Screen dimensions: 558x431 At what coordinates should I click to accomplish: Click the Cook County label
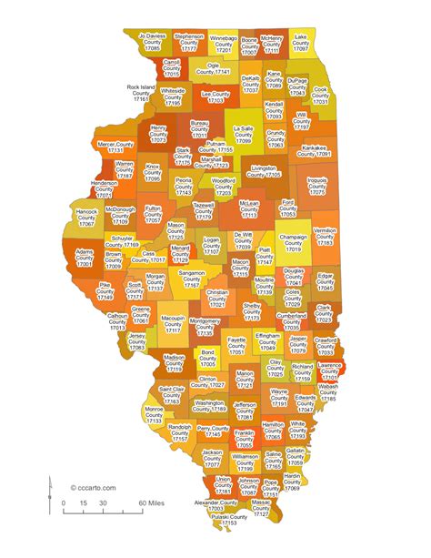[320, 96]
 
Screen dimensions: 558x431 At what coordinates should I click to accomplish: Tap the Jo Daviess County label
[152, 40]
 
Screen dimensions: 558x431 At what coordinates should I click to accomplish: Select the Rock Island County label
[141, 94]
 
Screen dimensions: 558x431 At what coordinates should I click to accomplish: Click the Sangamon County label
[192, 279]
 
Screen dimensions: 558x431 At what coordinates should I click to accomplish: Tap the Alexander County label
[215, 505]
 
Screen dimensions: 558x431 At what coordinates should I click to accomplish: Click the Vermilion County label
[325, 237]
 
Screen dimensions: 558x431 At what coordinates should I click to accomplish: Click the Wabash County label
[328, 392]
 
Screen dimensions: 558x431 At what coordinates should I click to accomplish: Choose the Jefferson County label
[245, 411]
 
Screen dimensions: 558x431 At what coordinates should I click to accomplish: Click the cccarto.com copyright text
[94, 489]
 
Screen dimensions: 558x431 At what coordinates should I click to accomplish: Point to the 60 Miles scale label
[151, 502]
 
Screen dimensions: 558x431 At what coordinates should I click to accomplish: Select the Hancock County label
[86, 217]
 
